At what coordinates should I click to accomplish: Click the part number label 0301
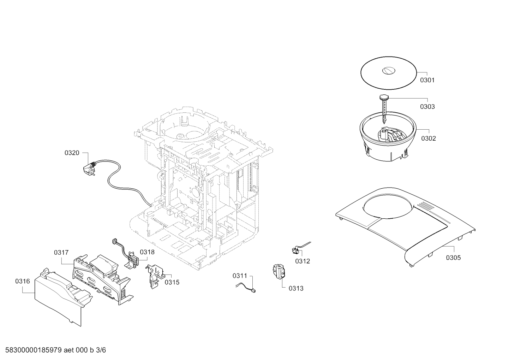pyautogui.click(x=427, y=80)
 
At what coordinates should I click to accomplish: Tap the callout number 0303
pyautogui.click(x=427, y=107)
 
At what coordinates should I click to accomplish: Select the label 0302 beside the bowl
pyautogui.click(x=429, y=138)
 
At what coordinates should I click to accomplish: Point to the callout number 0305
pyautogui.click(x=453, y=258)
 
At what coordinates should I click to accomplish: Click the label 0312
pyautogui.click(x=303, y=261)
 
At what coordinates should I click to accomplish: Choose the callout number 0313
pyautogui.click(x=296, y=288)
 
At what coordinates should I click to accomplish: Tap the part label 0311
pyautogui.click(x=240, y=276)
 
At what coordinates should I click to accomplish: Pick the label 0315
pyautogui.click(x=172, y=282)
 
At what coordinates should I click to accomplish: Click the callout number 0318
pyautogui.click(x=147, y=252)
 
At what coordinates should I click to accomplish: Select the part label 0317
pyautogui.click(x=61, y=253)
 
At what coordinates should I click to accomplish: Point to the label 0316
pyautogui.click(x=23, y=281)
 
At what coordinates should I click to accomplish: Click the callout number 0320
pyautogui.click(x=72, y=153)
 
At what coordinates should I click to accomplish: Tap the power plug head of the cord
pyautogui.click(x=89, y=169)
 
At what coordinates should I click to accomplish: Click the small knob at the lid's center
pyautogui.click(x=389, y=71)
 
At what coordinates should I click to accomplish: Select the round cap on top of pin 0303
pyautogui.click(x=384, y=98)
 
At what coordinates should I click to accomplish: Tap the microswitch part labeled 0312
pyautogui.click(x=295, y=250)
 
